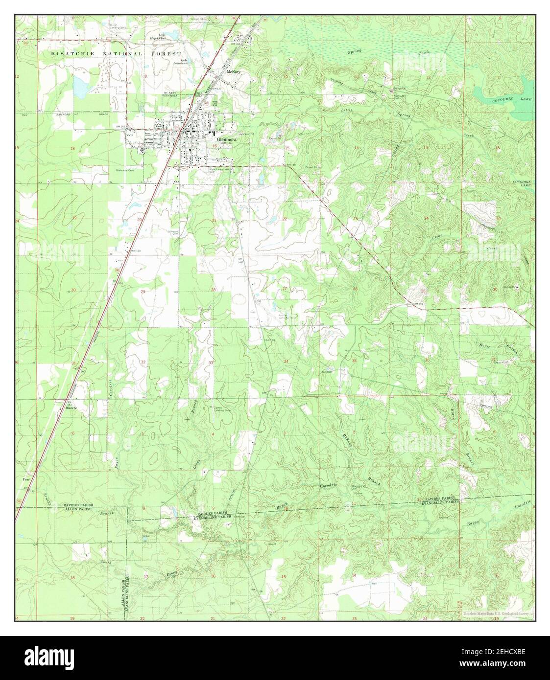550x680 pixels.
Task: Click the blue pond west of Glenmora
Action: [79, 86]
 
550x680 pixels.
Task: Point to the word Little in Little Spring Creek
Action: [346, 111]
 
